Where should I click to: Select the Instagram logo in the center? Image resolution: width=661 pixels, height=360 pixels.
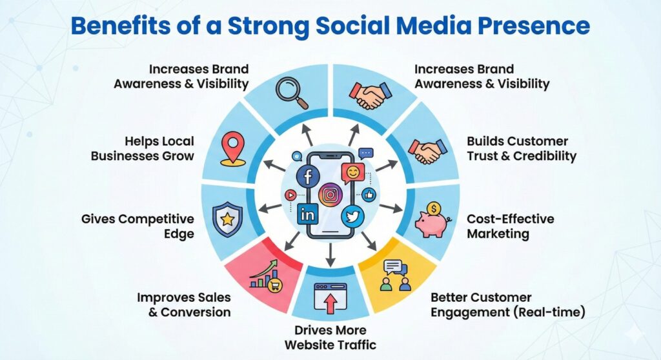[330, 194]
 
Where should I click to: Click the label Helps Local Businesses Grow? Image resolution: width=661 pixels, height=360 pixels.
[142, 148]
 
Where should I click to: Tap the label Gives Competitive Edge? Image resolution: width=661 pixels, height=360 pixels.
[137, 226]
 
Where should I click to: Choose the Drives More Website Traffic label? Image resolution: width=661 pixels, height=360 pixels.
[330, 337]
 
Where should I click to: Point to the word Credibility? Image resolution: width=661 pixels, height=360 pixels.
[545, 156]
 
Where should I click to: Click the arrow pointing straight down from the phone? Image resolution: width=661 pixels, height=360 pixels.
[330, 254]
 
